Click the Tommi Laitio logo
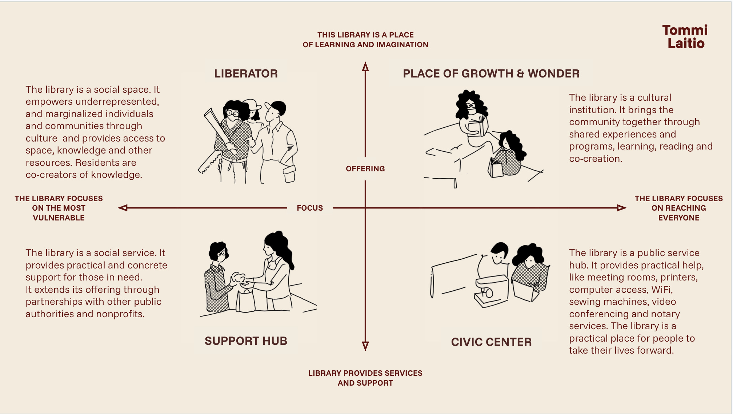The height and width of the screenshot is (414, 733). pyautogui.click(x=685, y=36)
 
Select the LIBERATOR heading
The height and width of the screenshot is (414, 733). pyautogui.click(x=246, y=73)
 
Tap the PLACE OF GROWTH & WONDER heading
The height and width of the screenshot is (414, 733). pyautogui.click(x=491, y=73)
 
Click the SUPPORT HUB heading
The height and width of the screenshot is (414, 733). pyautogui.click(x=246, y=341)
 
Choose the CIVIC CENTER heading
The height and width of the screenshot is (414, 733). pyautogui.click(x=491, y=342)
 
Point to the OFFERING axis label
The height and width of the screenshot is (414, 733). pyautogui.click(x=365, y=169)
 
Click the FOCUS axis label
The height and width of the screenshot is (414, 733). pyautogui.click(x=310, y=208)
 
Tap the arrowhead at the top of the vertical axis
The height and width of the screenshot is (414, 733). pyautogui.click(x=365, y=67)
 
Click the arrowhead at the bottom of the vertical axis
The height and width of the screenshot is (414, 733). pyautogui.click(x=365, y=346)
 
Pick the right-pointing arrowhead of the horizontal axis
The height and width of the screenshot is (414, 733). pyautogui.click(x=621, y=208)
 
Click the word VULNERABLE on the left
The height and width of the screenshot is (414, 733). pyautogui.click(x=59, y=218)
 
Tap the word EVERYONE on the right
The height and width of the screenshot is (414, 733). pyautogui.click(x=678, y=218)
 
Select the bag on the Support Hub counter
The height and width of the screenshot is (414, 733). pyautogui.click(x=246, y=300)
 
